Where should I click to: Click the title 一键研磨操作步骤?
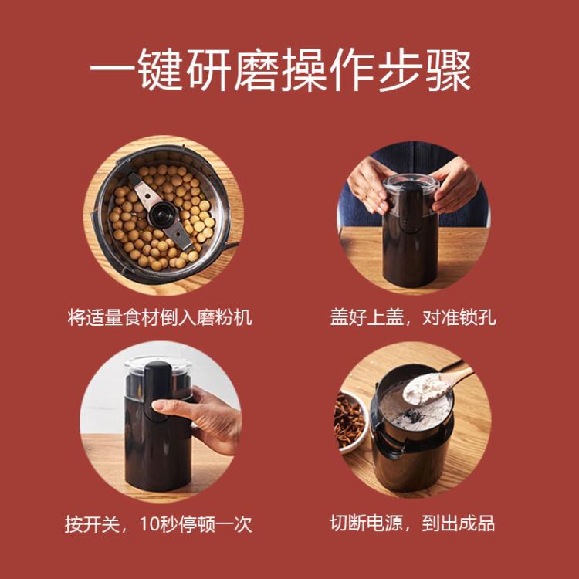click(281, 70)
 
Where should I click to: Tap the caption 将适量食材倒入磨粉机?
click(160, 317)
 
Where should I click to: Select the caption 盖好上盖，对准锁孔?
click(413, 317)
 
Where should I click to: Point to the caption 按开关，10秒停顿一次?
click(158, 523)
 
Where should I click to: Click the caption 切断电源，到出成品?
click(412, 523)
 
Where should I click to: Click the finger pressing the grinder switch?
click(171, 409)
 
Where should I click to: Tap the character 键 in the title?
click(161, 70)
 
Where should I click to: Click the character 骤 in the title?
click(449, 70)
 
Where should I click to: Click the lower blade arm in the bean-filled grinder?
click(179, 233)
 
